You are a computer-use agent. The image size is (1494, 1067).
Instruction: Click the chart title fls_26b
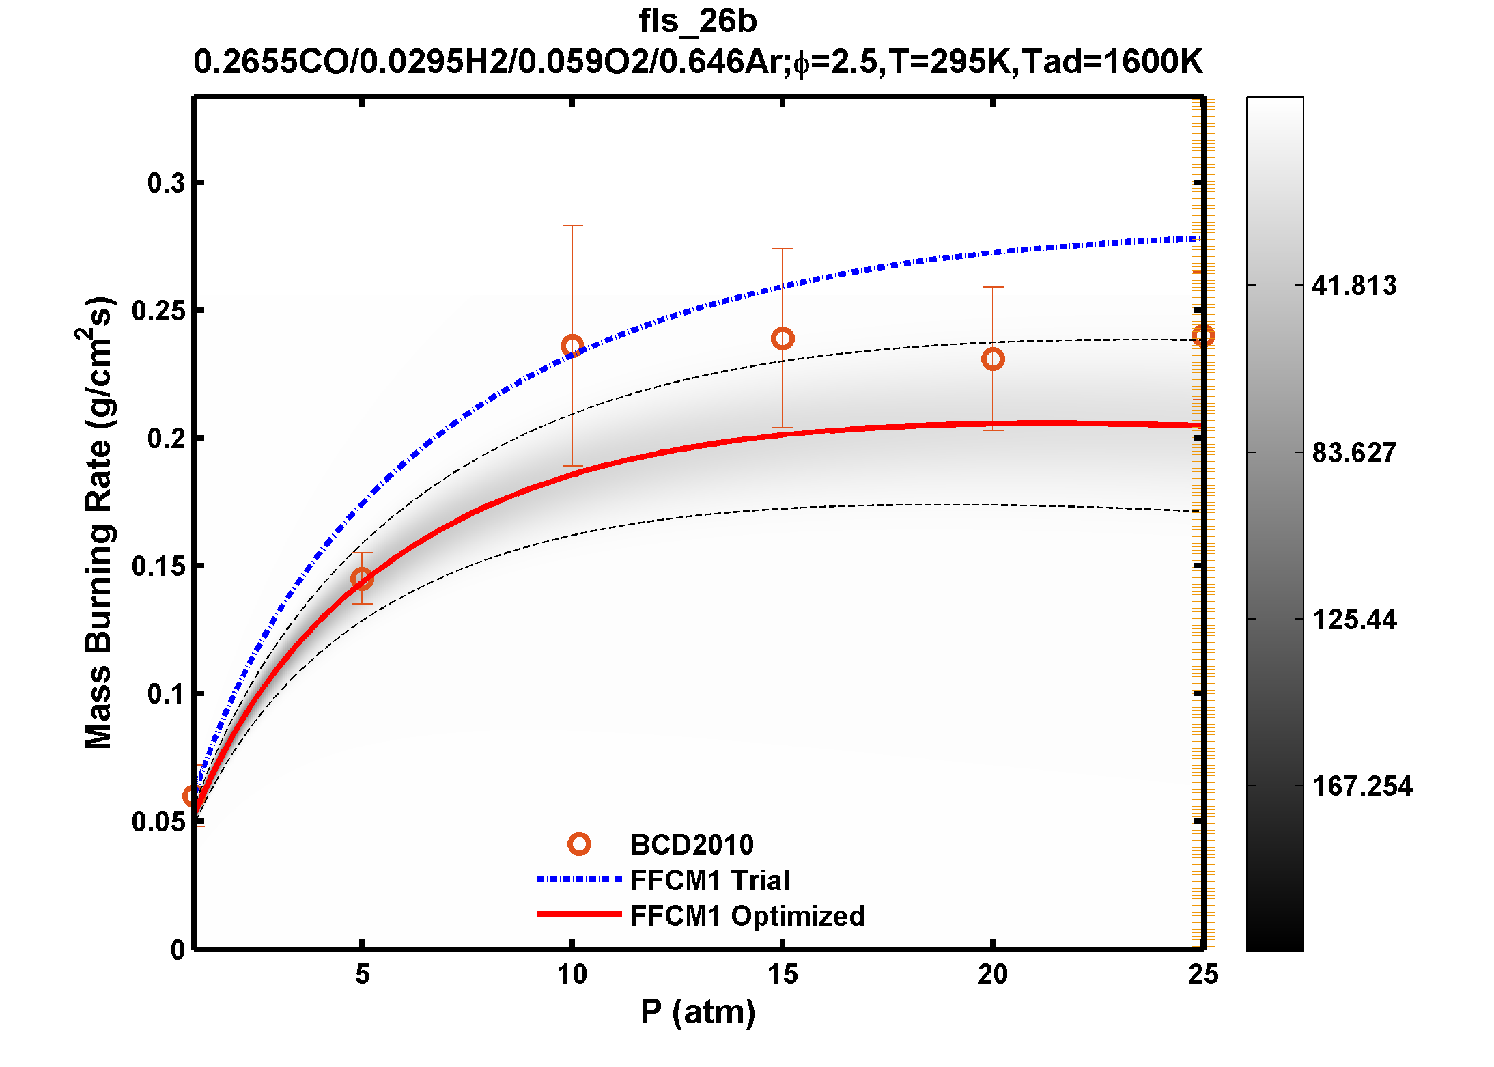(x=697, y=21)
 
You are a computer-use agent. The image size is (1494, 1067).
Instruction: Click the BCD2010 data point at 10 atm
(x=572, y=346)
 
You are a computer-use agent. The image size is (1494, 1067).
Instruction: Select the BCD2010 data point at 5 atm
(x=362, y=579)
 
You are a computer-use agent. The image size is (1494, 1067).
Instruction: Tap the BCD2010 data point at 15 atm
(x=783, y=339)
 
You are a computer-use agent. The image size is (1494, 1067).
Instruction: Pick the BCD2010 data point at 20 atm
(x=993, y=359)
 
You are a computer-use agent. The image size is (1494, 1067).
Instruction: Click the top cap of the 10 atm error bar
(x=572, y=225)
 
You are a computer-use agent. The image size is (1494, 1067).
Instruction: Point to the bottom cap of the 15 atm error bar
(x=783, y=428)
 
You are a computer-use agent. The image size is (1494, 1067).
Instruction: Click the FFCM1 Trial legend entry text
(x=709, y=881)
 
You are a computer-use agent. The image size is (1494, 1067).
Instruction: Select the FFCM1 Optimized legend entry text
(x=747, y=916)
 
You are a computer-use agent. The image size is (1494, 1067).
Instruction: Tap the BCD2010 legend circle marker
(x=579, y=845)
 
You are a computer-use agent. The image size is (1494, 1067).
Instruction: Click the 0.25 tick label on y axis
(x=158, y=311)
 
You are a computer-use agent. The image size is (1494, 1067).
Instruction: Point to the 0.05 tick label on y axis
(x=158, y=822)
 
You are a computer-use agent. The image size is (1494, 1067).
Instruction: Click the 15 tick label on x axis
(x=783, y=975)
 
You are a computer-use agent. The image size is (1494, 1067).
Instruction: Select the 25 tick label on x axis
(x=1202, y=975)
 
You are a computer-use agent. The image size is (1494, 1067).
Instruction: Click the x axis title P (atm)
(x=698, y=1012)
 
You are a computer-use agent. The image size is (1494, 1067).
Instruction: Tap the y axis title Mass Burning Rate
(x=99, y=523)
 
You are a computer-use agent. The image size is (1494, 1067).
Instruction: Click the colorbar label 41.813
(x=1354, y=286)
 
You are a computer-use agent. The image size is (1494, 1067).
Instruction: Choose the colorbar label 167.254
(x=1362, y=786)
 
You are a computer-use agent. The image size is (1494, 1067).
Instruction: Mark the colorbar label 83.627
(x=1354, y=453)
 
